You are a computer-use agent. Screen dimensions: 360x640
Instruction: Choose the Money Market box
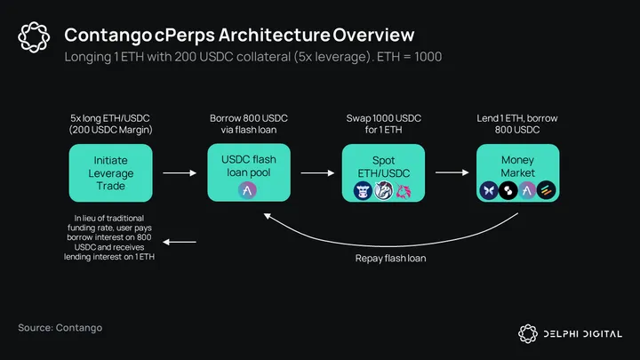[517, 172]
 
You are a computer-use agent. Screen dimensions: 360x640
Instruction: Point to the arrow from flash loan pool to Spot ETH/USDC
[316, 173]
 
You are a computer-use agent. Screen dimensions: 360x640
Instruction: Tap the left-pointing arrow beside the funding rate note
[183, 241]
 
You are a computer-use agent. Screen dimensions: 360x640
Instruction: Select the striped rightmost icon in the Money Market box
[546, 190]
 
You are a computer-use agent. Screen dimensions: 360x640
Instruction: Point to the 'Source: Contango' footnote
[60, 328]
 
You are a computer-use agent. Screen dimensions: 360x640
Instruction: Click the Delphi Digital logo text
[581, 334]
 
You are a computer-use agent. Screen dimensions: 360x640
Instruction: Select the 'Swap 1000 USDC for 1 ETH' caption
[384, 124]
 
